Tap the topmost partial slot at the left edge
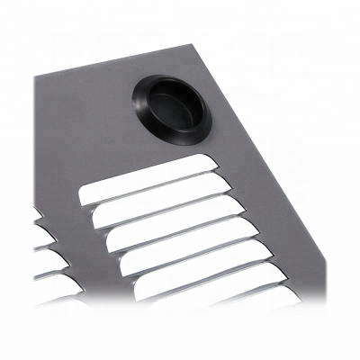(x=39, y=214)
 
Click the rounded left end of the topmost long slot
(x=86, y=192)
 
